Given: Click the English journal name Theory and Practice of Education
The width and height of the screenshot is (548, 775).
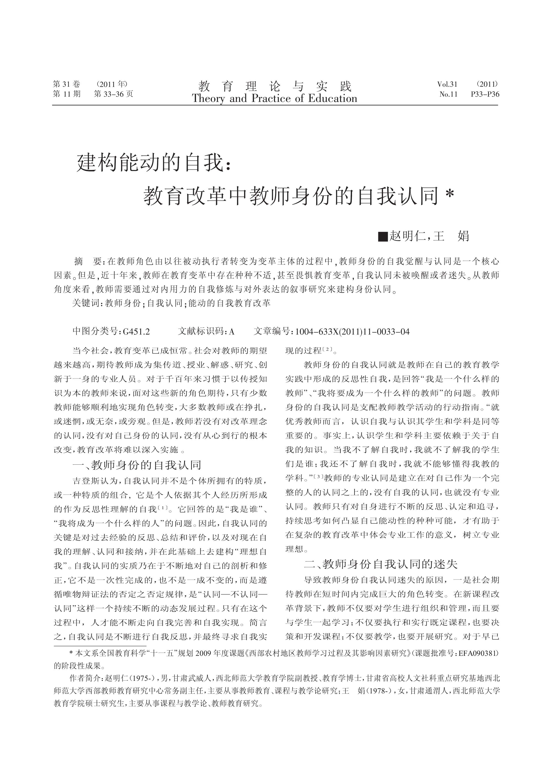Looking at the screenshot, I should click(x=274, y=99).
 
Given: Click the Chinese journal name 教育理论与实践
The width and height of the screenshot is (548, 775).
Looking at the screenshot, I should click(x=275, y=86).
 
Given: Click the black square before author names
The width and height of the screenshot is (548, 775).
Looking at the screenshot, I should click(x=383, y=236).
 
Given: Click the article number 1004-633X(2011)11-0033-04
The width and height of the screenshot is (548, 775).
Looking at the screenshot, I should click(x=352, y=332).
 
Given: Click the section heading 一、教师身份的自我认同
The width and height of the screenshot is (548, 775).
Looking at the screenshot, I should click(x=137, y=465).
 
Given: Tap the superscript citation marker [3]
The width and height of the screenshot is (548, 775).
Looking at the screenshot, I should click(x=319, y=476).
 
